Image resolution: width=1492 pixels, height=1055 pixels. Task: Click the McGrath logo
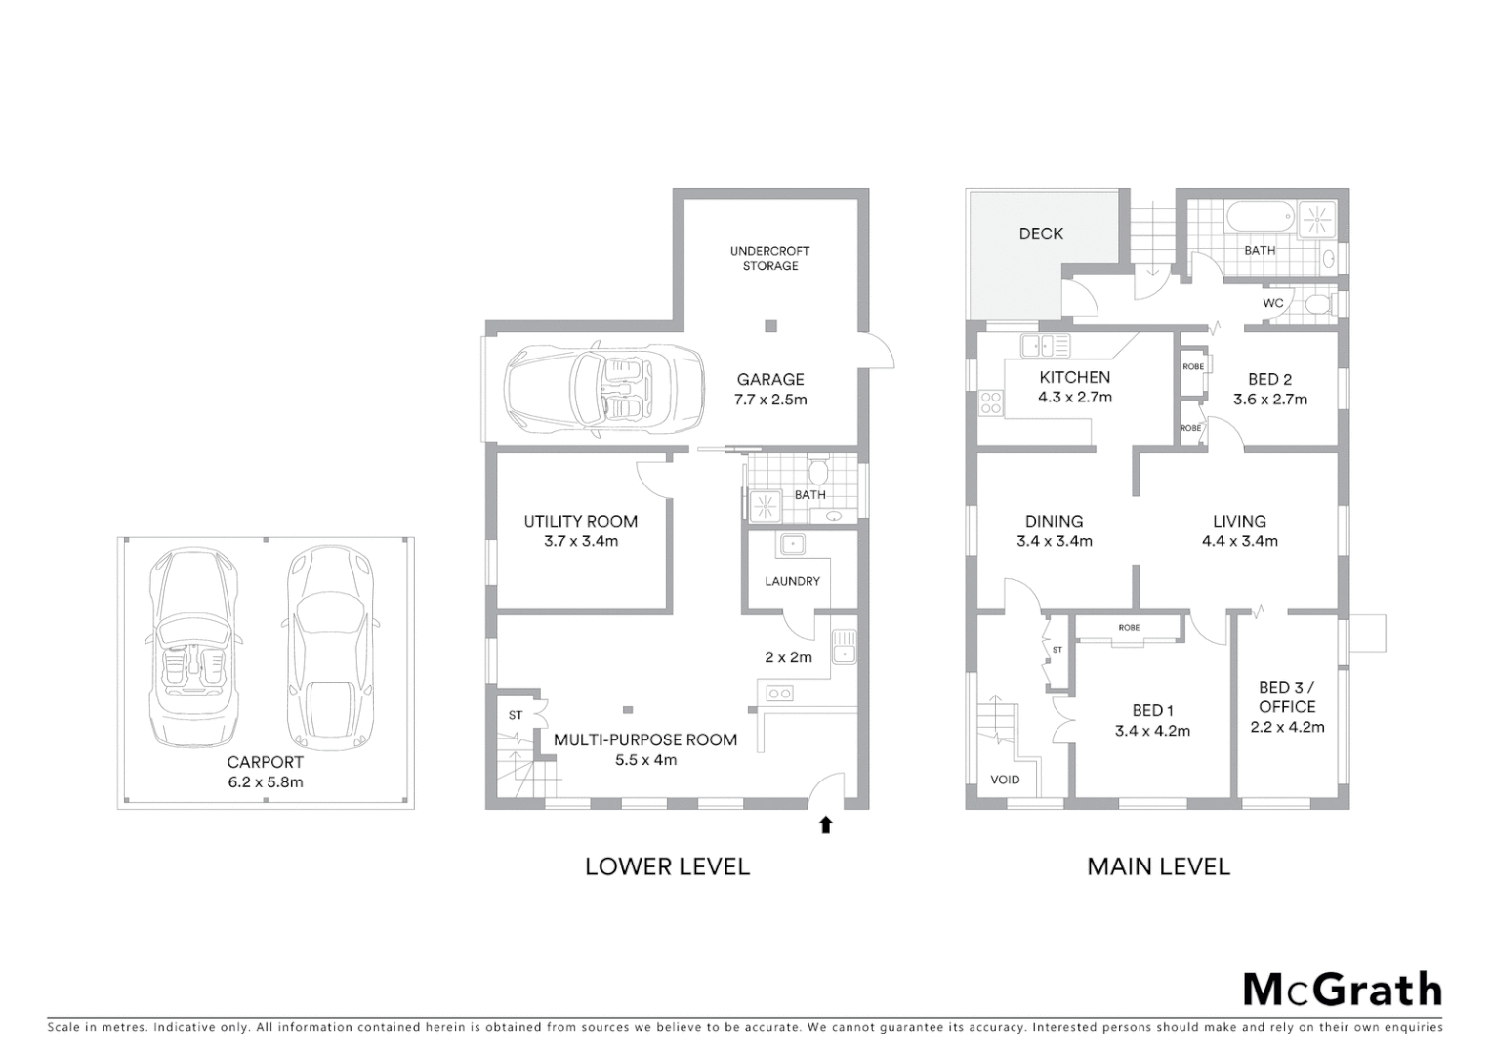(1342, 990)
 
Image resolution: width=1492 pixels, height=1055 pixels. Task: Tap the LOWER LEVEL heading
(667, 866)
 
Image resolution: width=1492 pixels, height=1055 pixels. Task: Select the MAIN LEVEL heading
(1158, 866)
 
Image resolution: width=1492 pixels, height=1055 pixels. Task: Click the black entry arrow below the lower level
(825, 825)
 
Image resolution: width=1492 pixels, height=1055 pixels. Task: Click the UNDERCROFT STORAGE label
(769, 258)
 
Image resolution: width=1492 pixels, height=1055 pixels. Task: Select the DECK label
(1041, 233)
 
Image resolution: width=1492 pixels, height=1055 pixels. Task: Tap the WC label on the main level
(1272, 303)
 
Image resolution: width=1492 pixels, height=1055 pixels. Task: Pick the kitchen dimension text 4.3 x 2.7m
(1074, 398)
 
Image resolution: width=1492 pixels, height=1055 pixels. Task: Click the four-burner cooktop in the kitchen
(990, 401)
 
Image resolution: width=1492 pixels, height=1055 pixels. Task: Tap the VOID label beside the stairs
(1005, 780)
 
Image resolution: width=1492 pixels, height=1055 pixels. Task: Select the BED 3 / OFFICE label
(1287, 697)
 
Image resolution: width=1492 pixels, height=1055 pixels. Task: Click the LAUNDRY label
(792, 581)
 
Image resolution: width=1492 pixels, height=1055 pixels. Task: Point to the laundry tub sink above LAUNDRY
(790, 543)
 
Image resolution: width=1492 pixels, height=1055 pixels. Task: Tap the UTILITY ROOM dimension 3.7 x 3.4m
(580, 541)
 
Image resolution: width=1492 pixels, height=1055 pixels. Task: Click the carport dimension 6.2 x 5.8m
(265, 782)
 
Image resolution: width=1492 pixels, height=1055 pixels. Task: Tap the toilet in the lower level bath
(818, 474)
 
